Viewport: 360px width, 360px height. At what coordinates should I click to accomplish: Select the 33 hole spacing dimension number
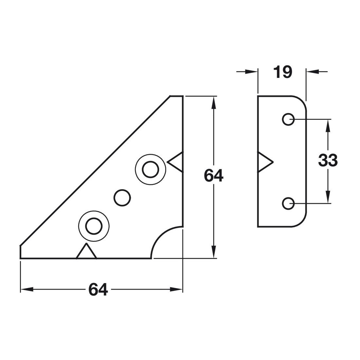(328, 160)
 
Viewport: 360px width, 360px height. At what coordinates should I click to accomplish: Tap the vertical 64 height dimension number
(213, 176)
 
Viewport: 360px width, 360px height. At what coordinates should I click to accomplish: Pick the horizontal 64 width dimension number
(98, 290)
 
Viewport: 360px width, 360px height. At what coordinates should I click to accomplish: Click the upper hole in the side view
(288, 119)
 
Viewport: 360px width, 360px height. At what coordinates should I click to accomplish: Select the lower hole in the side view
(288, 204)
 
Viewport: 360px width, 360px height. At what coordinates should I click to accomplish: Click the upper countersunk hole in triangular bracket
(151, 170)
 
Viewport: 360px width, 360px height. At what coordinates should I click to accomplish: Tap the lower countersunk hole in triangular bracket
(94, 226)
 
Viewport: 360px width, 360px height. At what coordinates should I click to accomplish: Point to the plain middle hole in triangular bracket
(122, 198)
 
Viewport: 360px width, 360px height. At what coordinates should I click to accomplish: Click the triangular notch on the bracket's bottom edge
(86, 251)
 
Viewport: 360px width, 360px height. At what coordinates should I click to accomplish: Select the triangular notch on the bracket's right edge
(175, 162)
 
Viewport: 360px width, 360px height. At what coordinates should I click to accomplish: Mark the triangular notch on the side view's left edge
(265, 162)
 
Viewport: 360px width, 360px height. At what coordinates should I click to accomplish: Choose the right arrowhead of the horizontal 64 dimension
(176, 290)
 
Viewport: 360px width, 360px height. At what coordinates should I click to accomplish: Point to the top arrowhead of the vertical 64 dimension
(214, 102)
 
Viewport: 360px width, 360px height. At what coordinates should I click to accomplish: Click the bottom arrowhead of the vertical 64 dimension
(214, 252)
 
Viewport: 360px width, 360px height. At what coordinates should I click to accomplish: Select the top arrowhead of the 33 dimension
(328, 126)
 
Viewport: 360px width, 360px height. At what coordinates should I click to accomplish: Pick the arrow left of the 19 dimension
(247, 72)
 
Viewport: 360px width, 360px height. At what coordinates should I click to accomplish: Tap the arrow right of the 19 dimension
(317, 72)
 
